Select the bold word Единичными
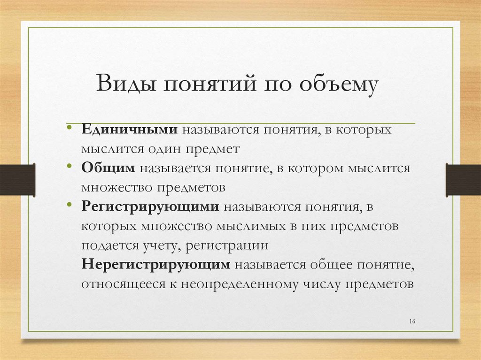[x=129, y=130]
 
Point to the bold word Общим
[x=108, y=168]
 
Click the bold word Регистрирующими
[x=150, y=207]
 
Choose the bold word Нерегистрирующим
[x=155, y=264]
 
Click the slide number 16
[x=412, y=321]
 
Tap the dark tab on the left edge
[x=17, y=179]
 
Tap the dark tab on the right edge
[x=463, y=179]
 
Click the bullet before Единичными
[x=69, y=128]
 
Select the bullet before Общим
[x=69, y=166]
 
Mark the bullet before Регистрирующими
[x=69, y=205]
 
